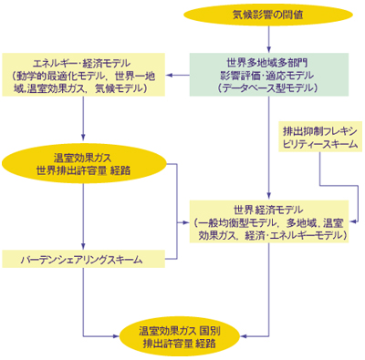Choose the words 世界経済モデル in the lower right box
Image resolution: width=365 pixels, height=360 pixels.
pyautogui.click(x=268, y=209)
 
